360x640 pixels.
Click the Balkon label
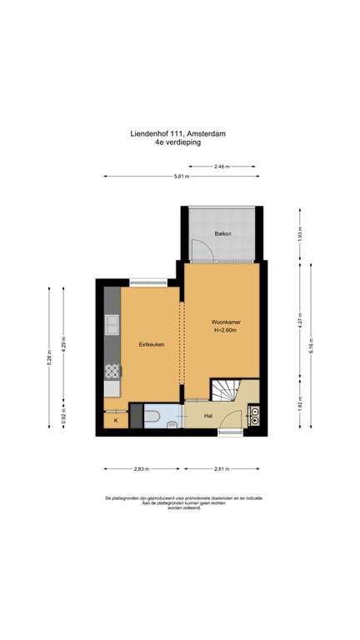tap(222, 234)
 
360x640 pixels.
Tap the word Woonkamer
tap(222, 322)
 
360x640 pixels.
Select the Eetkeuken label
tap(152, 344)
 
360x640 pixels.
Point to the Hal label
tap(208, 417)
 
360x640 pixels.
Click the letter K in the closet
tap(116, 420)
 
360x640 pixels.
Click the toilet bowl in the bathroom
tap(152, 417)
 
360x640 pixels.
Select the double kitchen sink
tap(112, 323)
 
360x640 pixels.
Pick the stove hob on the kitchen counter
tap(112, 372)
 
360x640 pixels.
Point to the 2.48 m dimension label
tap(222, 167)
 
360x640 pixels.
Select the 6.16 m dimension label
tap(311, 345)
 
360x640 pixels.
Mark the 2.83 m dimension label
tap(142, 469)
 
